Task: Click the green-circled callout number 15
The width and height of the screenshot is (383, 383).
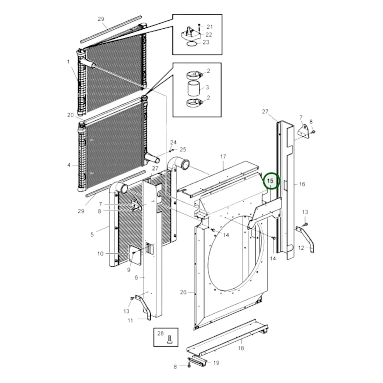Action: (x=271, y=181)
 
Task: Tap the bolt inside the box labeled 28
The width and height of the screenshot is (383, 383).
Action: (x=170, y=340)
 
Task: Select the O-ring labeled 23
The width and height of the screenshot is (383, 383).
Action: (x=192, y=43)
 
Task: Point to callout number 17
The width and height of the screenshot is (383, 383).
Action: (x=223, y=157)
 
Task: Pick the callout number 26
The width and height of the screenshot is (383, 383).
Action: (x=183, y=292)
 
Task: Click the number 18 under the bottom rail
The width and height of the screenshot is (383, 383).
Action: (x=241, y=348)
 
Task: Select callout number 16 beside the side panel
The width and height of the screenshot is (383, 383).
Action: (x=302, y=184)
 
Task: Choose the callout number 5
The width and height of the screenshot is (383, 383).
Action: (x=92, y=235)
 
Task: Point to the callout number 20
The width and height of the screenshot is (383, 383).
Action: (x=70, y=115)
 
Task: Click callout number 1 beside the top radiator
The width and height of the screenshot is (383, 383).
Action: (x=68, y=62)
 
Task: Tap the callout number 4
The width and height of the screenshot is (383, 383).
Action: (x=69, y=165)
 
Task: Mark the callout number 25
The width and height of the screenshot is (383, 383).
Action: (x=183, y=149)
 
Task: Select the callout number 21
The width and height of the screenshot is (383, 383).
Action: (x=210, y=27)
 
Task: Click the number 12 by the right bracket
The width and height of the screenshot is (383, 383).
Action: (x=301, y=248)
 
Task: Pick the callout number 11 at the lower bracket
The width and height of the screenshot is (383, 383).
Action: (x=130, y=320)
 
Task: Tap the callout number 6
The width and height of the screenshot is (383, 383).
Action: (x=136, y=277)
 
